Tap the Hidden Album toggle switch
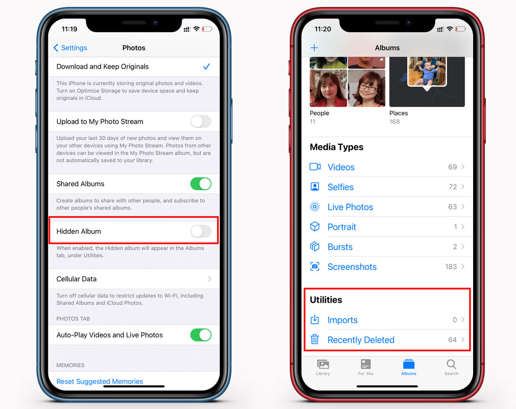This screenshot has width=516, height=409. (x=201, y=231)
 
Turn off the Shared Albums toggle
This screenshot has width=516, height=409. (x=201, y=184)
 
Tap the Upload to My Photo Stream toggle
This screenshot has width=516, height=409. (x=201, y=122)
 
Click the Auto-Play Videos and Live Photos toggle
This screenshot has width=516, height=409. (x=201, y=335)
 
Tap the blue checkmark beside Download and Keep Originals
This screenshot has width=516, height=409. (x=206, y=67)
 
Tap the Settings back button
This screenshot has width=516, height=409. (x=70, y=48)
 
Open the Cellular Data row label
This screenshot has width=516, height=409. (x=77, y=279)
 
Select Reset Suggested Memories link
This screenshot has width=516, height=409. (x=100, y=381)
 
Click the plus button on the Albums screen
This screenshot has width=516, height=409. (x=314, y=48)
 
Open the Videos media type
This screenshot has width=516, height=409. (x=341, y=167)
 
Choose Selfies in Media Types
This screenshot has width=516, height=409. (x=340, y=187)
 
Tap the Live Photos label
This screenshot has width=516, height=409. (x=350, y=207)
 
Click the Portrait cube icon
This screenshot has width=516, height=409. (x=315, y=226)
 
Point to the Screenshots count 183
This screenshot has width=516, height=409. (x=451, y=267)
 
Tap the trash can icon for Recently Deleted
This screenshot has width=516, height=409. (x=314, y=339)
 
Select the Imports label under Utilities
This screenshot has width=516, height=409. (x=342, y=320)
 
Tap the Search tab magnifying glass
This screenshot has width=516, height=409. (x=451, y=364)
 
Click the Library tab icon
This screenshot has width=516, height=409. (x=323, y=364)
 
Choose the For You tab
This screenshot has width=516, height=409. (x=366, y=367)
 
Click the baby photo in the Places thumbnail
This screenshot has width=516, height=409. (x=427, y=71)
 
